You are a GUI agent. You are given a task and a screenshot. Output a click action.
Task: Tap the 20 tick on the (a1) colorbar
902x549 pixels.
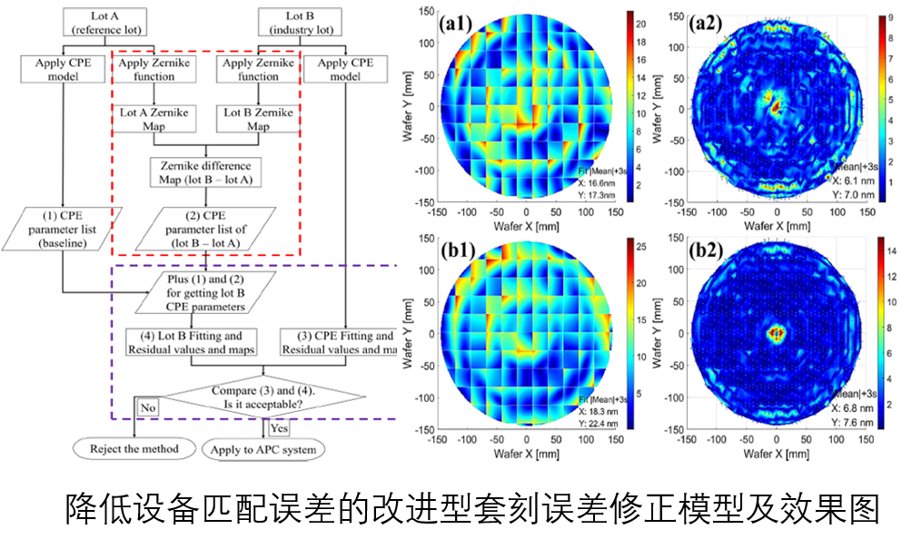point(640,23)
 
